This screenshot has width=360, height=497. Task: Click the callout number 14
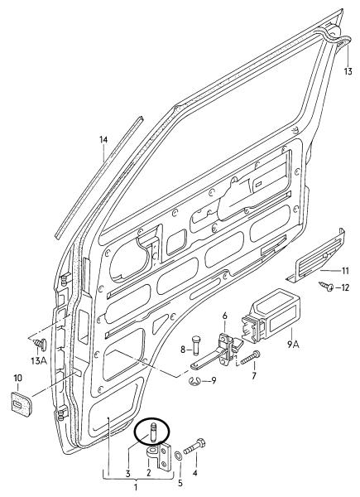pos(103,139)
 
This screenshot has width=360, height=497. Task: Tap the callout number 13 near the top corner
pos(348,71)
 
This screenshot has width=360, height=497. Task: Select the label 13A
pos(39,360)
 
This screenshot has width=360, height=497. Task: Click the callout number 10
pos(17,379)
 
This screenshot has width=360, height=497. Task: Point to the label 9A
pos(294,345)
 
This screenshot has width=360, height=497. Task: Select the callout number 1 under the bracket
pos(136,487)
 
